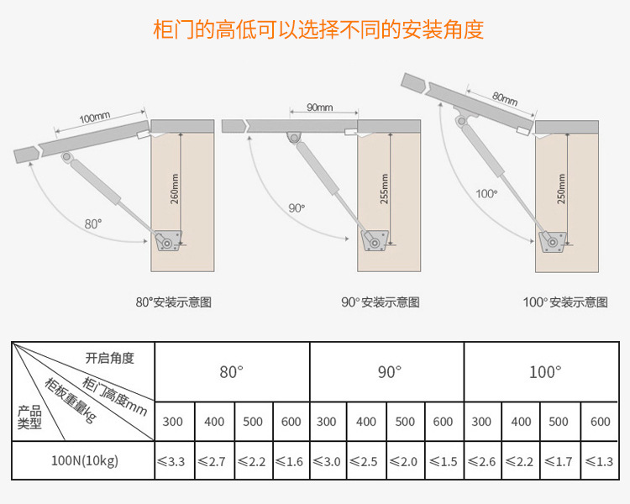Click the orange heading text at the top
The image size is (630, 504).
click(318, 29)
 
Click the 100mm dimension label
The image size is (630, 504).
click(94, 118)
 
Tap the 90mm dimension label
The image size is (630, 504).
click(319, 108)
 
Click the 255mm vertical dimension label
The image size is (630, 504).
click(384, 190)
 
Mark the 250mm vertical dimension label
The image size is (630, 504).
click(561, 190)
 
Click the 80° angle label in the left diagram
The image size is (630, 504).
click(92, 223)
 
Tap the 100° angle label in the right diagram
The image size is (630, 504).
click(486, 193)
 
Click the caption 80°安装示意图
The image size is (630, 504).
click(173, 302)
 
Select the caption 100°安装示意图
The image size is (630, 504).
click(565, 302)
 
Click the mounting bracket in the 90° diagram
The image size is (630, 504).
click(375, 240)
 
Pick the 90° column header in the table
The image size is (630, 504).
click(387, 371)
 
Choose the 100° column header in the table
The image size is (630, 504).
click(543, 371)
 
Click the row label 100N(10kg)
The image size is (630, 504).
click(84, 461)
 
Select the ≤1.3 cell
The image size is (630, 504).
click(599, 461)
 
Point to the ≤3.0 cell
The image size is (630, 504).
click(329, 461)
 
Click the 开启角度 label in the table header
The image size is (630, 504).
click(109, 358)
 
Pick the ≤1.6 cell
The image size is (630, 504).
click(291, 461)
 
